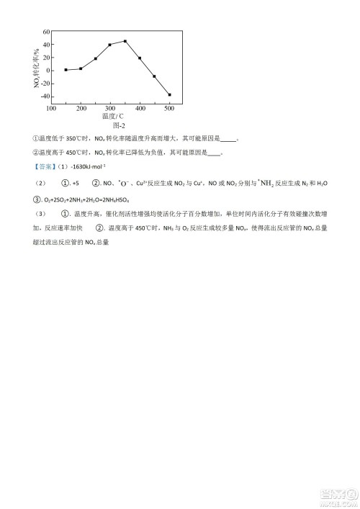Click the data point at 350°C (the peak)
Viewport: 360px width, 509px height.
(x=125, y=41)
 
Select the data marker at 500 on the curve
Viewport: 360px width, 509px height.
(x=170, y=94)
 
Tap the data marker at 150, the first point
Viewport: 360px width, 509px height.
(x=66, y=70)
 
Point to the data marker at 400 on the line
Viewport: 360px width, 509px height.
(x=140, y=58)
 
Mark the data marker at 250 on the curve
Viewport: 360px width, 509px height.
(x=96, y=58)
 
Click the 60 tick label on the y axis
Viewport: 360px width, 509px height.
(x=45, y=32)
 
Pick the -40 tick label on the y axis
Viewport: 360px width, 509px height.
(x=43, y=96)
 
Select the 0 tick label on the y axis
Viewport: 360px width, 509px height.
(x=47, y=71)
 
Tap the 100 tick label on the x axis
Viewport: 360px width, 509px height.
(x=51, y=108)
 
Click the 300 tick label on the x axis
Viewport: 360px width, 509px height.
(x=110, y=108)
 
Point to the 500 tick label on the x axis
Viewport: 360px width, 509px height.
(x=170, y=108)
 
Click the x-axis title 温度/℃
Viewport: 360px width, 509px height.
(x=112, y=116)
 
